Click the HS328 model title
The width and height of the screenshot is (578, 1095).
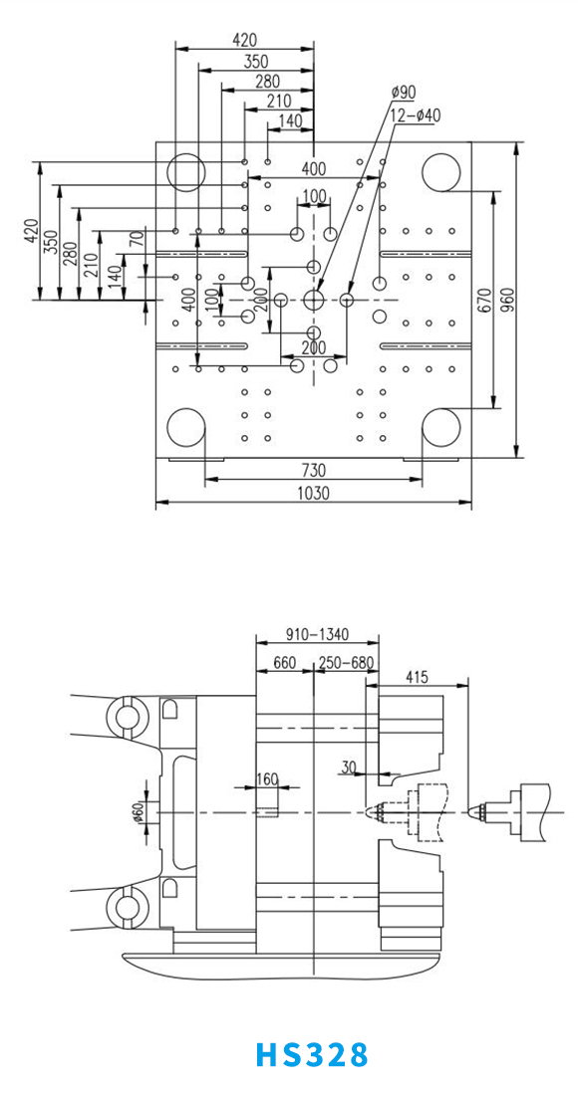coord(312,1054)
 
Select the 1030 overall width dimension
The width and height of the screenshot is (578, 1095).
coord(313,493)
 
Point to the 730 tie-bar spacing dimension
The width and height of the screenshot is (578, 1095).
coord(313,469)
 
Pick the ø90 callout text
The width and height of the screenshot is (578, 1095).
coord(404,93)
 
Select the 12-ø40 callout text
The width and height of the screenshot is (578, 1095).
coord(416,115)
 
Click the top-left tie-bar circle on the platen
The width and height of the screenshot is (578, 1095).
coord(186,172)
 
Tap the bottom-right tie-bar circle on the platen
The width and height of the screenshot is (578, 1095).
coord(441,427)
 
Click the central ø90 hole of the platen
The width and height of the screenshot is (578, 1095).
coord(314,301)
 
